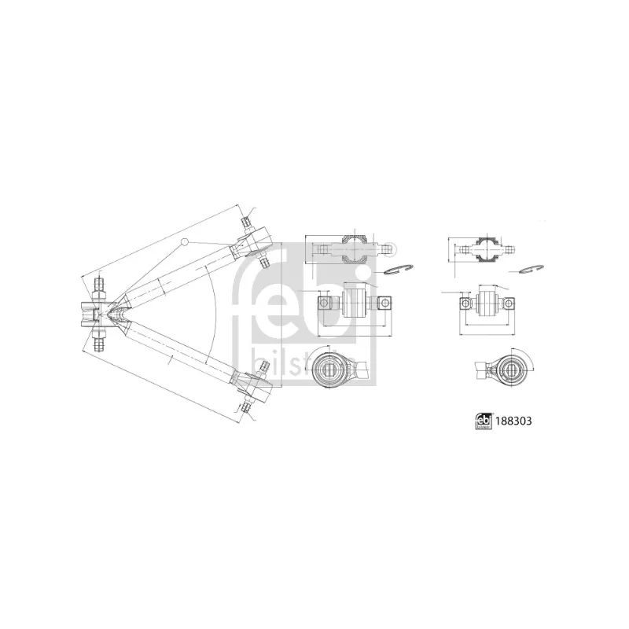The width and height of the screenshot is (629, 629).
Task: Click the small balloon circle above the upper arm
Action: [x=185, y=241]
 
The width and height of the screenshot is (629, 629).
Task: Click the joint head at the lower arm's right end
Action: [x=253, y=387]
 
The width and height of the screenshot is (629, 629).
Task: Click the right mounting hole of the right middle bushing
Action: [x=509, y=302]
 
